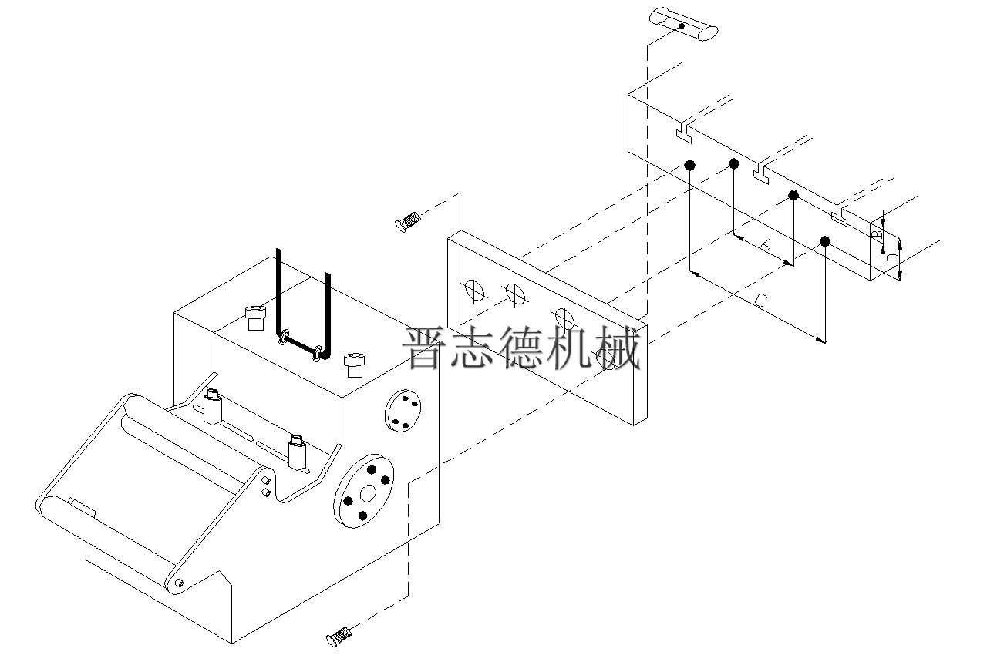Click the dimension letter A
tap(766, 244)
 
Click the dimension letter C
tap(760, 301)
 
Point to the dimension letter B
tap(876, 232)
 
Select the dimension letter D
tap(891, 257)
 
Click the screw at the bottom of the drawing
tap(339, 636)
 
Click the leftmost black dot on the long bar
tap(689, 165)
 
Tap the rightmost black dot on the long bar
tap(825, 241)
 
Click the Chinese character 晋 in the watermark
tap(426, 348)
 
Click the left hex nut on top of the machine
tap(254, 316)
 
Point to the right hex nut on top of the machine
tap(353, 363)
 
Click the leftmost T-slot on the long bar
tap(684, 133)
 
